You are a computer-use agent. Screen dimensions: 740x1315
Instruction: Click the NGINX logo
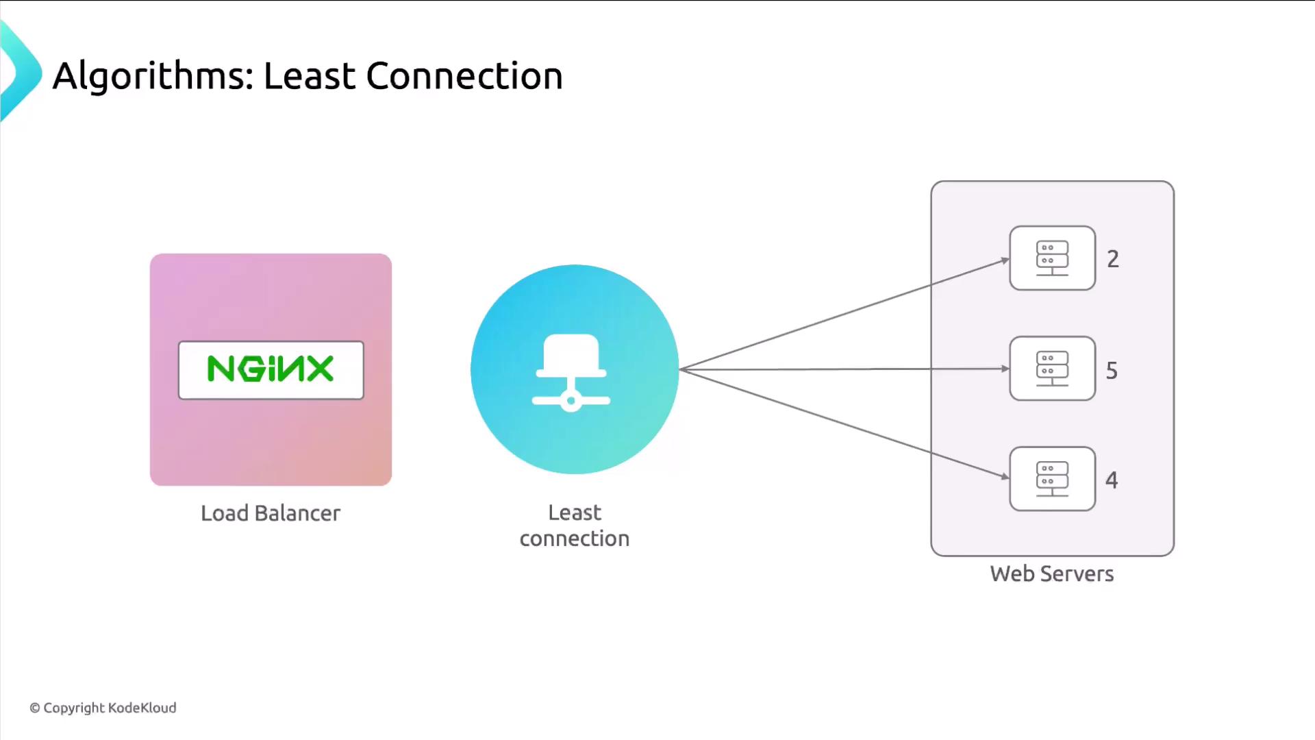271,369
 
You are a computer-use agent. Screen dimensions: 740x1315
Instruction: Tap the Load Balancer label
271,513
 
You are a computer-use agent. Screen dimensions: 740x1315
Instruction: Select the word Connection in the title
464,76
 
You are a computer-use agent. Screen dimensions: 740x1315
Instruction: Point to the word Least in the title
310,76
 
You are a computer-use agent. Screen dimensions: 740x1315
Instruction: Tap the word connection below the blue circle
574,539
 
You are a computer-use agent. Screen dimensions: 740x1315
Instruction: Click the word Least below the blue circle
574,513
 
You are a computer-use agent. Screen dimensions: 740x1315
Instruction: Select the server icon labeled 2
1052,258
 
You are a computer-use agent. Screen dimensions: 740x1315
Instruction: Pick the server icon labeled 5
1052,369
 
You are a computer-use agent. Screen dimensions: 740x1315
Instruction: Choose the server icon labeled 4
1052,479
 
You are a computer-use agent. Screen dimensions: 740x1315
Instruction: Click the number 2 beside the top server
1113,259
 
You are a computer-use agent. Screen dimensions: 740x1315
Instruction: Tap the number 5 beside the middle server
1112,371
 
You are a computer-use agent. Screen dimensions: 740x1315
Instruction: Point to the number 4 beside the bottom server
1112,480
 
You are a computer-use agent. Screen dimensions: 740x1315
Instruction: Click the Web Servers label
1051,573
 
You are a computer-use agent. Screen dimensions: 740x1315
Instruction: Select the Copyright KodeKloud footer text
103,708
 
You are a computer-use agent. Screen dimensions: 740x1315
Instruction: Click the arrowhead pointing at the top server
1005,260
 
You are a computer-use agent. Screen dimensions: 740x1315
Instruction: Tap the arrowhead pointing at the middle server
1005,369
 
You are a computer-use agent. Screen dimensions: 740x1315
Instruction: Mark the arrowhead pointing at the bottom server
1005,476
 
